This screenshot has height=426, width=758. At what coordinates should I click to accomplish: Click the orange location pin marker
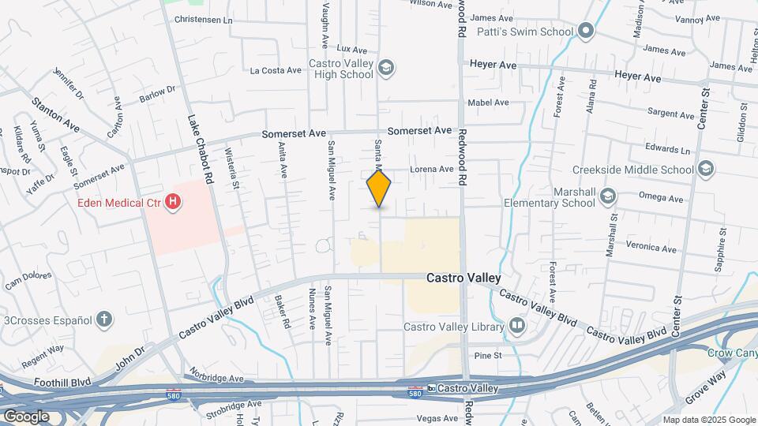pyautogui.click(x=379, y=189)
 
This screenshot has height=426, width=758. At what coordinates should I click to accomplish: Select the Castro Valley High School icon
pyautogui.click(x=386, y=69)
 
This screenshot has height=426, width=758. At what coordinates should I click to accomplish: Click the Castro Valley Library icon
pyautogui.click(x=516, y=326)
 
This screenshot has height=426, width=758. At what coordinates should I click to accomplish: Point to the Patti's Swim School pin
pyautogui.click(x=585, y=32)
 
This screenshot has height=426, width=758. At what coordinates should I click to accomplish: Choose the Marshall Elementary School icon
pyautogui.click(x=608, y=196)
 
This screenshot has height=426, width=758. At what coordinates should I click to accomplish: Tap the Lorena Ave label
pyautogui.click(x=432, y=169)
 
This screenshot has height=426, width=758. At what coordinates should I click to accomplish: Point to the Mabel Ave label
pyautogui.click(x=488, y=103)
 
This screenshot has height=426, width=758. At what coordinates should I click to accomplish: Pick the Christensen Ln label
pyautogui.click(x=204, y=19)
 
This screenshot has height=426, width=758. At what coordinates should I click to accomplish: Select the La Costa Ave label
pyautogui.click(x=276, y=70)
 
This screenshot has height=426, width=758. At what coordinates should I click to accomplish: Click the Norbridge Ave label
pyautogui.click(x=217, y=379)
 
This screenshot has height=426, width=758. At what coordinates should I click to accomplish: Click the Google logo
pyautogui.click(x=26, y=416)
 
